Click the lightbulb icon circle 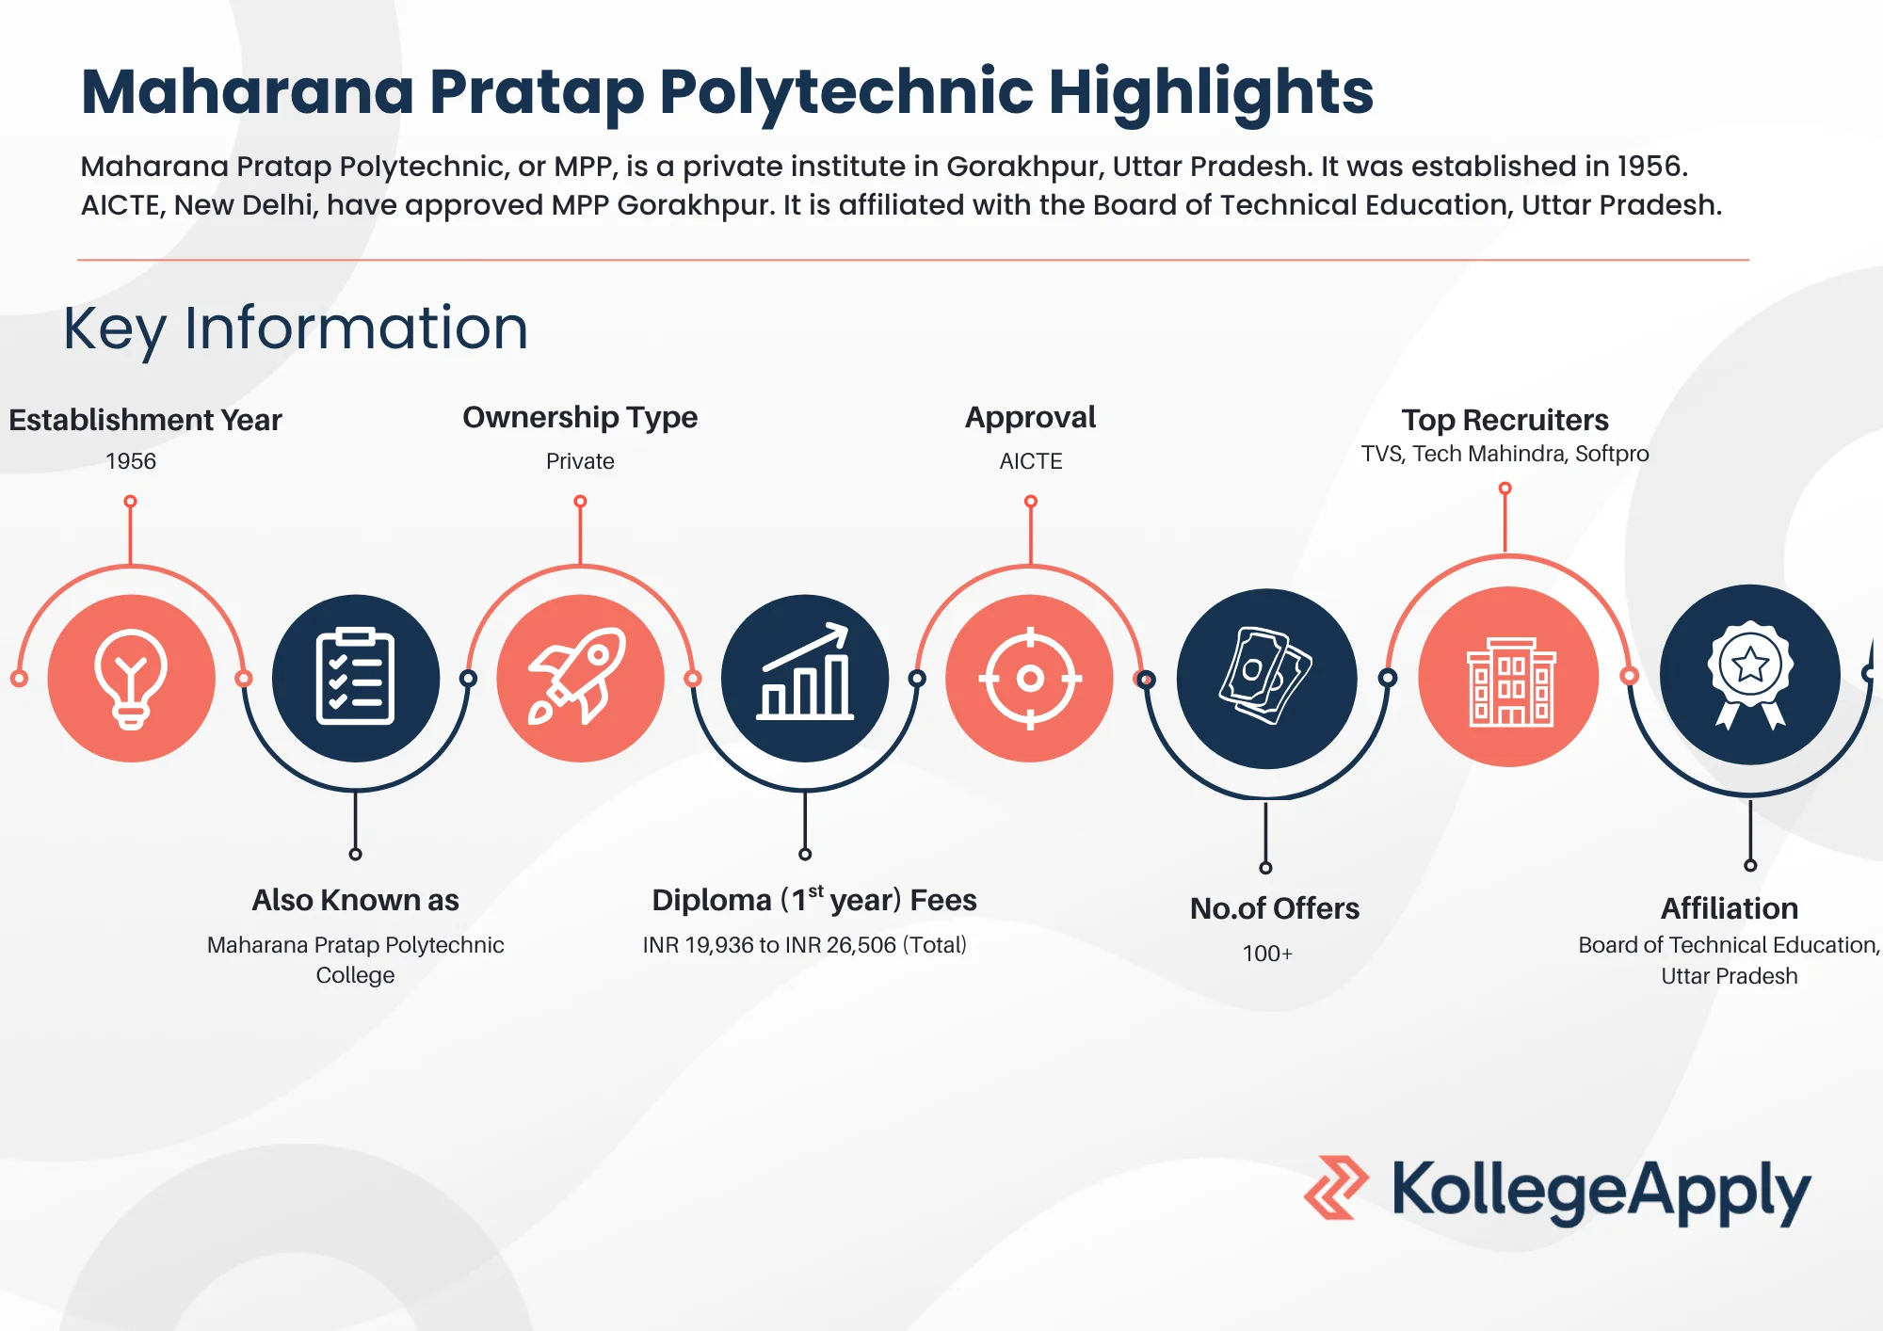[x=131, y=678]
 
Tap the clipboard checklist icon [x=355, y=678]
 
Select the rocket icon [x=580, y=678]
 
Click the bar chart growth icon [x=805, y=678]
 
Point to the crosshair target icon [x=1030, y=678]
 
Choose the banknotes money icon [x=1266, y=678]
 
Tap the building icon [x=1508, y=678]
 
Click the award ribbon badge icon [x=1749, y=674]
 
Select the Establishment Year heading [x=145, y=420]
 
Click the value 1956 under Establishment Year [x=131, y=461]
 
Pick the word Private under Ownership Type [x=580, y=461]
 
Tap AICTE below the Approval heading [x=1031, y=461]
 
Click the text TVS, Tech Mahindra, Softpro [x=1505, y=454]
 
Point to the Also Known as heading [x=355, y=900]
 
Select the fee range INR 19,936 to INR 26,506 [x=804, y=945]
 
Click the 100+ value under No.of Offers [x=1267, y=954]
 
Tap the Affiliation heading [x=1730, y=908]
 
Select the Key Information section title [x=296, y=329]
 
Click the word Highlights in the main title [x=1211, y=92]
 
